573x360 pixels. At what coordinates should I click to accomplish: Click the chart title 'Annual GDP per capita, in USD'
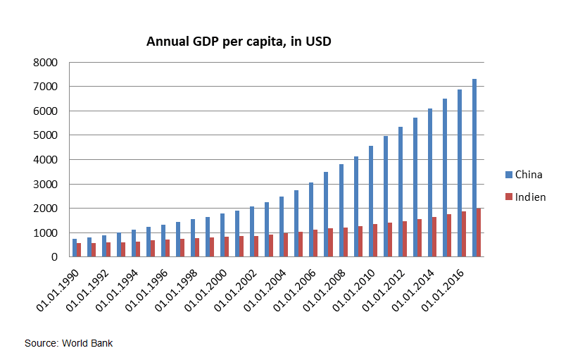coord(239,42)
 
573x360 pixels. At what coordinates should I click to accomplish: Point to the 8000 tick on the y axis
coord(44,63)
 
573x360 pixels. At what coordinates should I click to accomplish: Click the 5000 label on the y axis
coord(44,135)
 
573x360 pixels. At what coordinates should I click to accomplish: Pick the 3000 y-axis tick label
coord(44,185)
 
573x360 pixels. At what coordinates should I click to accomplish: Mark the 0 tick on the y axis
coord(53,257)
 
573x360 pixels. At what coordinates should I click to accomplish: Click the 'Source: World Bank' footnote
coord(68,343)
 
